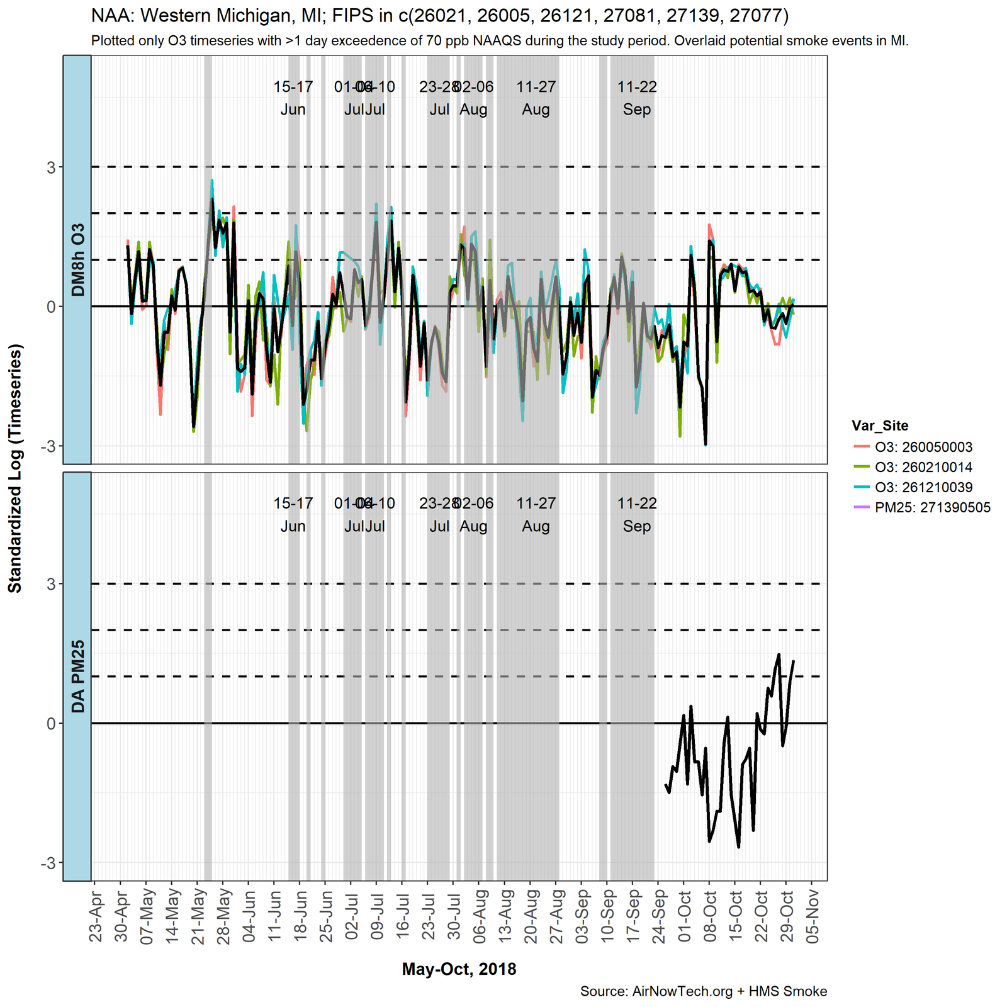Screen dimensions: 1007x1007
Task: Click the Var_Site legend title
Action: click(x=879, y=425)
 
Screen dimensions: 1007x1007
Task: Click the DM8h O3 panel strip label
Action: click(x=77, y=259)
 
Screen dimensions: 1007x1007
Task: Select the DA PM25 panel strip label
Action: click(x=77, y=677)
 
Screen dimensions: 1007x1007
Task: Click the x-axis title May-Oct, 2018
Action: click(x=459, y=969)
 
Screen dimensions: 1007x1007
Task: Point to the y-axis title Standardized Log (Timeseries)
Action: click(x=14, y=468)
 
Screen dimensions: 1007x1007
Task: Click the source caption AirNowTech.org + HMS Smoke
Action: click(x=703, y=991)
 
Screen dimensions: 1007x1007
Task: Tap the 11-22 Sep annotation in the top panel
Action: click(x=637, y=98)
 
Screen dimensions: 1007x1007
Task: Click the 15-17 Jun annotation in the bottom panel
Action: click(x=293, y=515)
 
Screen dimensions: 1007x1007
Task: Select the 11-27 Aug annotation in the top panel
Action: click(x=536, y=98)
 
